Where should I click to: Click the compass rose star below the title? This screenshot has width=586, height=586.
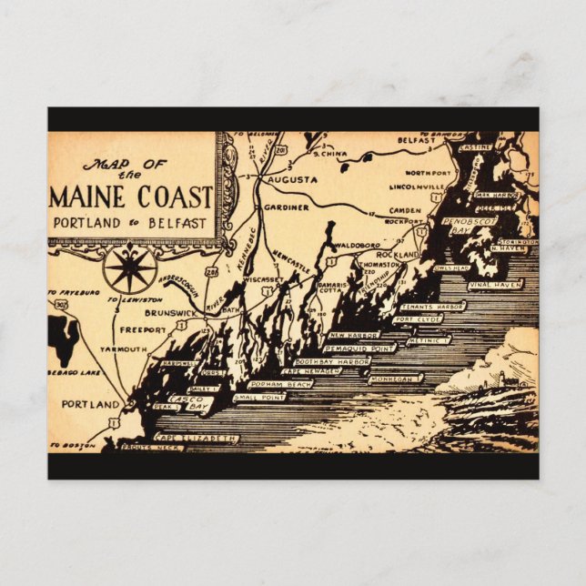[x=129, y=269]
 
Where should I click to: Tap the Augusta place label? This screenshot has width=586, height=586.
[x=292, y=180]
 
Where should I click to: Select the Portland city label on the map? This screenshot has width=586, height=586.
[x=90, y=403]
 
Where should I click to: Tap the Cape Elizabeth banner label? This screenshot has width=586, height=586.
[x=203, y=439]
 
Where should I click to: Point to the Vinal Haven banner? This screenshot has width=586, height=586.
[x=493, y=285]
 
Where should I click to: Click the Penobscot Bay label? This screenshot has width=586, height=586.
[x=467, y=226]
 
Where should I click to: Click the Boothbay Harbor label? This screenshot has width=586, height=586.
[x=331, y=362]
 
